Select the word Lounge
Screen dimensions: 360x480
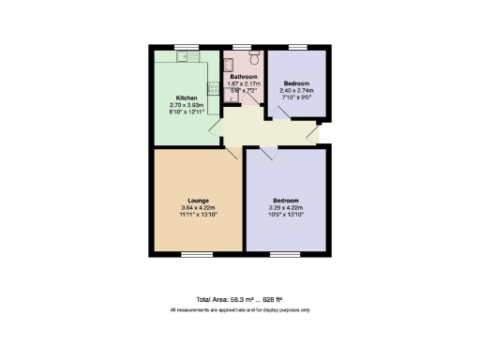[x=197, y=200]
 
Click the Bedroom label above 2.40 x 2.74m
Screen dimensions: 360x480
[x=296, y=83]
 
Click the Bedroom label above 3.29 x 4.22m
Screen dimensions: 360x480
[x=286, y=200]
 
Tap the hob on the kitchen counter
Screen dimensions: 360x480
[x=213, y=90]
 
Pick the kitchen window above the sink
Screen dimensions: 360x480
[x=187, y=47]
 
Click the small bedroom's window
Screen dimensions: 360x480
[x=297, y=47]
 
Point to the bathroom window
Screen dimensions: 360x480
[x=242, y=47]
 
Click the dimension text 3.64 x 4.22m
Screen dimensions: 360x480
[x=198, y=207]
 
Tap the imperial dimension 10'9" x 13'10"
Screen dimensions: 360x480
[x=286, y=214]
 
